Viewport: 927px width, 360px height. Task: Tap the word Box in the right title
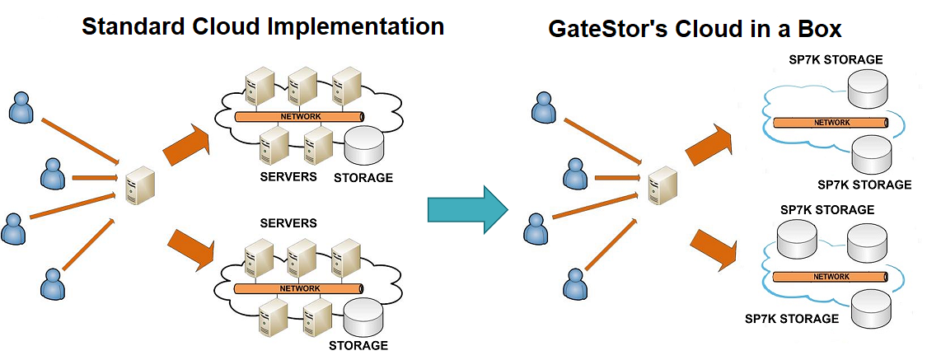pyautogui.click(x=817, y=30)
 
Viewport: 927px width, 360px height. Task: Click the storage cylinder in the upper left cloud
pyautogui.click(x=364, y=146)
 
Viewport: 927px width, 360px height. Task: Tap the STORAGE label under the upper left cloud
pyautogui.click(x=363, y=177)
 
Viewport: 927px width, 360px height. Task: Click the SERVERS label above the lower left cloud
pyautogui.click(x=288, y=223)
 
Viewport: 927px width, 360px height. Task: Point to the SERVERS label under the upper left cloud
pyautogui.click(x=288, y=176)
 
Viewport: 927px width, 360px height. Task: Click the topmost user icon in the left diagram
pyautogui.click(x=21, y=108)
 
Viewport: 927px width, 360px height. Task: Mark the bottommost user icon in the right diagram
pyautogui.click(x=574, y=284)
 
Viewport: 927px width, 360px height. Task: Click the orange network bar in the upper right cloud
pyautogui.click(x=830, y=123)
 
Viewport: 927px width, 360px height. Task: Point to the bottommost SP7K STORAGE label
pyautogui.click(x=792, y=318)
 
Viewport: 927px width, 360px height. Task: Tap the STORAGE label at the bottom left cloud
pyautogui.click(x=358, y=345)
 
